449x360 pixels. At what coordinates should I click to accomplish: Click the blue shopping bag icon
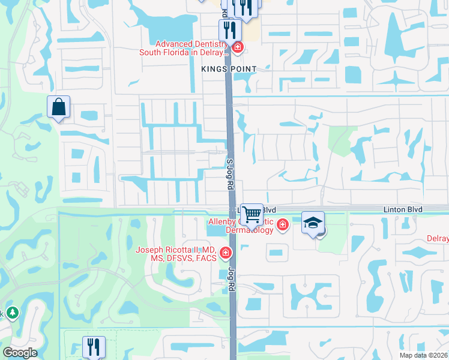58,107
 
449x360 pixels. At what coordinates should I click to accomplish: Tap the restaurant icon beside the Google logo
94,346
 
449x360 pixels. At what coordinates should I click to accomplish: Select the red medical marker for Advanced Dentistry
238,47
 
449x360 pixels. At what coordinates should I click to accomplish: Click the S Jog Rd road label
229,174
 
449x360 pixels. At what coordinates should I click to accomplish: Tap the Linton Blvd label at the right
403,209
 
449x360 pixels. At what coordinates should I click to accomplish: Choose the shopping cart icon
252,214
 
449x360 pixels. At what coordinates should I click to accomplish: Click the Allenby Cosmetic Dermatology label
241,226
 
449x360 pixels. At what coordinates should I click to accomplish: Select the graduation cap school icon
313,223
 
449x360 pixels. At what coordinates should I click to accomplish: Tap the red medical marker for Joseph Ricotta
226,254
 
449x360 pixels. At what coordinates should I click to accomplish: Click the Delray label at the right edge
439,238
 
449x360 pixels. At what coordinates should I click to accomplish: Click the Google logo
20,353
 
